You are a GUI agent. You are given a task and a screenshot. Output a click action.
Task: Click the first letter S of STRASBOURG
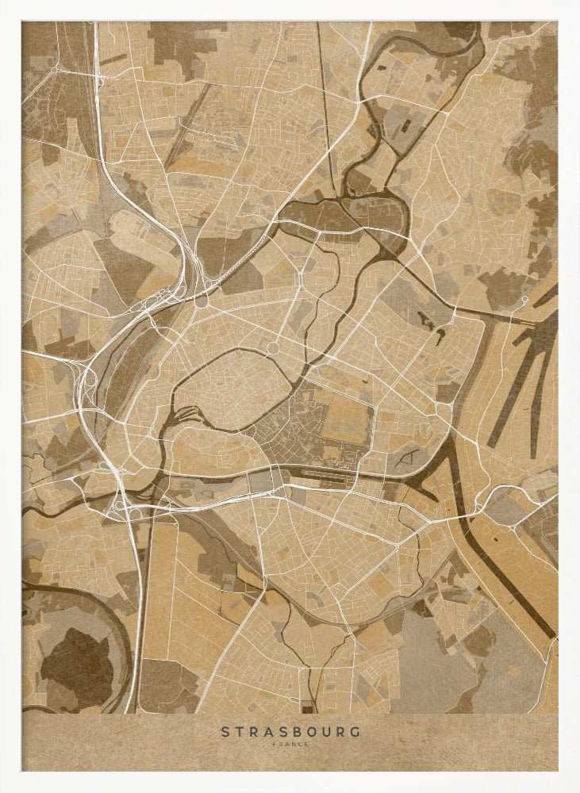[225, 731]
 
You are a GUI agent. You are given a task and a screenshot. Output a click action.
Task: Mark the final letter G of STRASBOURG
[355, 731]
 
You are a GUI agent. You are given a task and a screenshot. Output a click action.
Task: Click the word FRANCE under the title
[290, 744]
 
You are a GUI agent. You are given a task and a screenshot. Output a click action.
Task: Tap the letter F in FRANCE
[274, 744]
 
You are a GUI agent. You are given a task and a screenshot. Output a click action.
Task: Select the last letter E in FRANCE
[307, 744]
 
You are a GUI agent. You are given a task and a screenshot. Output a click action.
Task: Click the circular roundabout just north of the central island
[272, 348]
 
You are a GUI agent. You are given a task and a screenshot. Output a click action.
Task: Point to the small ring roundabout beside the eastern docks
[524, 300]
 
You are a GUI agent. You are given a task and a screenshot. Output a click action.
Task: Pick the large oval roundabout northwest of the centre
[202, 301]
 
